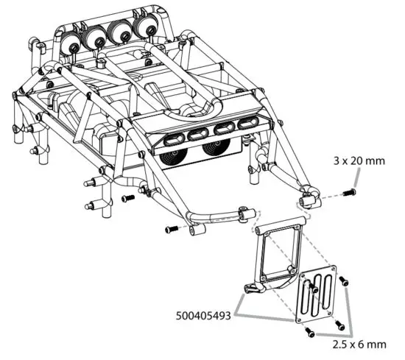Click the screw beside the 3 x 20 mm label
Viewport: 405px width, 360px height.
click(351, 192)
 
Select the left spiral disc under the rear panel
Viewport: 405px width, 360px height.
click(174, 158)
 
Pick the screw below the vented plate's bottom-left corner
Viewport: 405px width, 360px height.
click(310, 333)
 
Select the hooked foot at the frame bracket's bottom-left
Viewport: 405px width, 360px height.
click(251, 289)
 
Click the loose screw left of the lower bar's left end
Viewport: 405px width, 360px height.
click(171, 229)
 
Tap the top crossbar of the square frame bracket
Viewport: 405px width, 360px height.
click(281, 225)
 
